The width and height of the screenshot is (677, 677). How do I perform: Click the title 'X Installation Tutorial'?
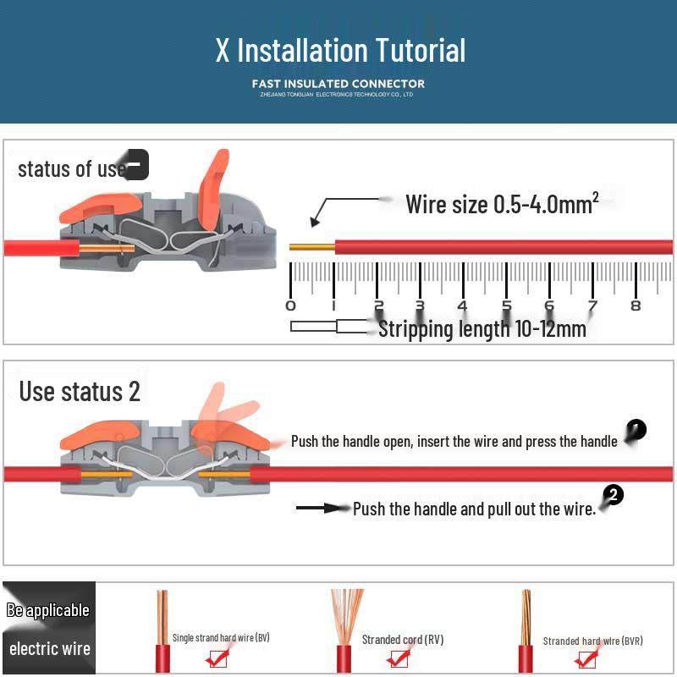click(340, 50)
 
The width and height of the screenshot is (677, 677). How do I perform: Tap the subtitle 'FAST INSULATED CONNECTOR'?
click(338, 83)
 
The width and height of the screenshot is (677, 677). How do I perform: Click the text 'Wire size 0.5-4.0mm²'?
click(502, 205)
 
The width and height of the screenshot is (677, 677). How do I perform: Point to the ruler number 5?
click(506, 305)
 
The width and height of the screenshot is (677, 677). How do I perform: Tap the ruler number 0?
click(291, 305)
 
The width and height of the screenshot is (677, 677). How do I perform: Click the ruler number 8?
click(636, 305)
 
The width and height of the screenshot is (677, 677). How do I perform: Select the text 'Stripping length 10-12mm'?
click(482, 329)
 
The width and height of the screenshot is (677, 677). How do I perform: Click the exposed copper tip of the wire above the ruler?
click(311, 247)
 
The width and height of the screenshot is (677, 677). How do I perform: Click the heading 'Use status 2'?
click(80, 392)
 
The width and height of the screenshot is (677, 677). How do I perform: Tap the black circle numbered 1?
click(636, 430)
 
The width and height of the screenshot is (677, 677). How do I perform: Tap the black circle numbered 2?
click(614, 496)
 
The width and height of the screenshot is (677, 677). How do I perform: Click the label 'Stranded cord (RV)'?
click(402, 640)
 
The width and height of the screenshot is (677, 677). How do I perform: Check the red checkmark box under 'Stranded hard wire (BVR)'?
click(586, 658)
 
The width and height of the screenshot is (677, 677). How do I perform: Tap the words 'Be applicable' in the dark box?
click(48, 610)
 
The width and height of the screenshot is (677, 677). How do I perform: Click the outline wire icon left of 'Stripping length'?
click(326, 327)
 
